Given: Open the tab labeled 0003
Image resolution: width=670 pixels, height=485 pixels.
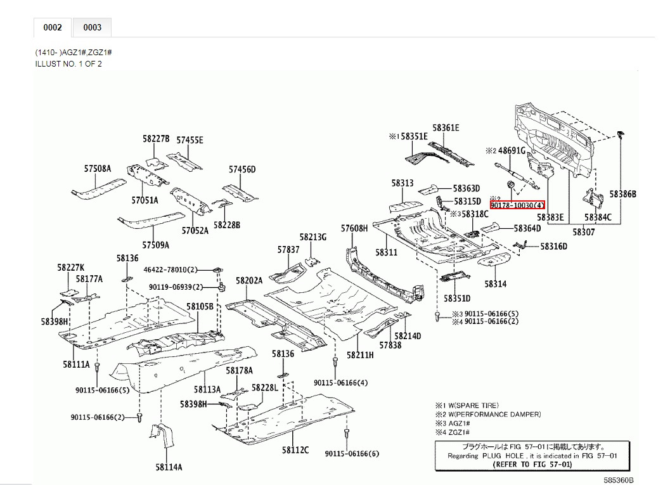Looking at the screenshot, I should tap(93, 27).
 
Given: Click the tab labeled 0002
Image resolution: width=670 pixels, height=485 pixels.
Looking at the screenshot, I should tap(53, 27).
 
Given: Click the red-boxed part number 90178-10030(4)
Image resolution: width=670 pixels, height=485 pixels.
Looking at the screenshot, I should tap(517, 205).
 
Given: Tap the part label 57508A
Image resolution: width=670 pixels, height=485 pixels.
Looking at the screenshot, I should tap(97, 169).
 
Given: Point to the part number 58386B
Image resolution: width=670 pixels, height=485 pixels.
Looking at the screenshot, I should tap(622, 194).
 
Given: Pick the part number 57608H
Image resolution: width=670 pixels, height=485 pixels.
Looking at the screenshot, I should tap(354, 228).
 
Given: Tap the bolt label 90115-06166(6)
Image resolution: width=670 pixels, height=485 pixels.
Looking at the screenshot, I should tap(352, 454).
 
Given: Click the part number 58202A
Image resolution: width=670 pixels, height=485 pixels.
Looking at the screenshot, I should tap(249, 280).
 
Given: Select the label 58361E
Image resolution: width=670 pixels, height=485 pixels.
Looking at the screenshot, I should tap(446, 128).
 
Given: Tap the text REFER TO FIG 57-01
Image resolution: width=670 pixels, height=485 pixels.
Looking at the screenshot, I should tap(532, 465).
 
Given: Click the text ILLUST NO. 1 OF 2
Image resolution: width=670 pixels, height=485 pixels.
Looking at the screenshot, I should tap(68, 64).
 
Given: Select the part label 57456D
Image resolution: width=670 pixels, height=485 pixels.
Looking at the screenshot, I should tap(242, 169).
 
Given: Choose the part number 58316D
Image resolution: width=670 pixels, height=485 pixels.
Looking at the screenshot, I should tap(553, 246).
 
